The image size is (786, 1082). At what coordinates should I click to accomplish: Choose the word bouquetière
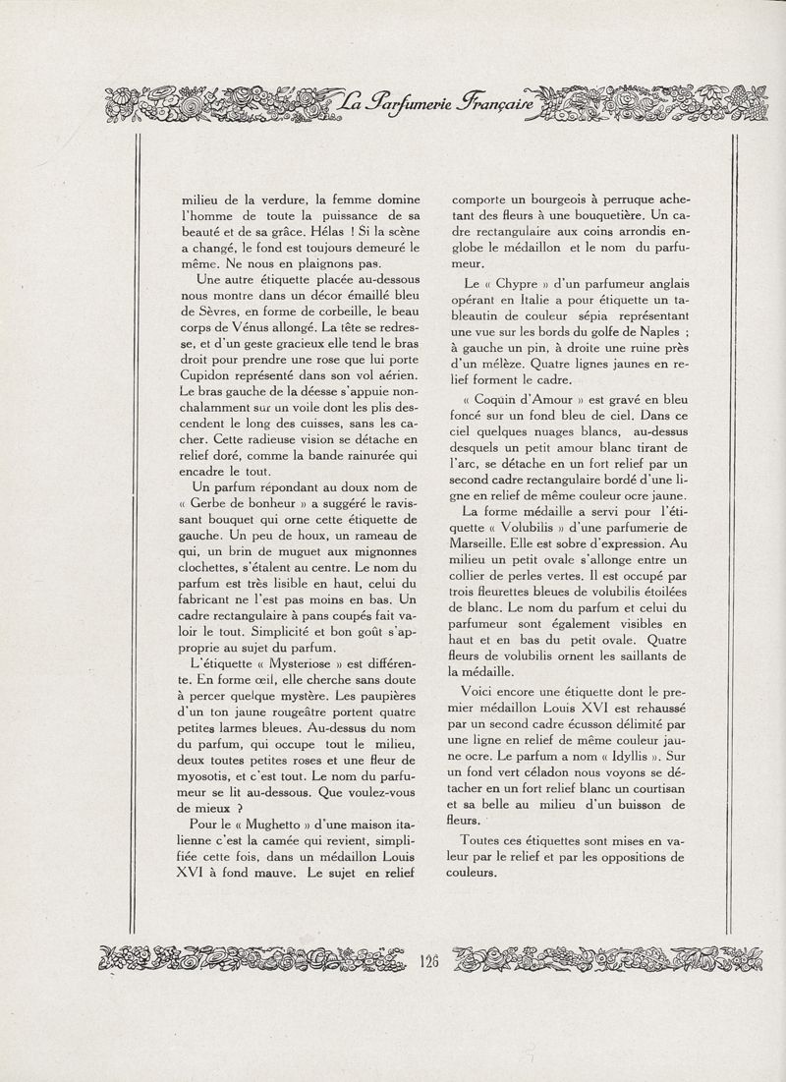tap(606, 215)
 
